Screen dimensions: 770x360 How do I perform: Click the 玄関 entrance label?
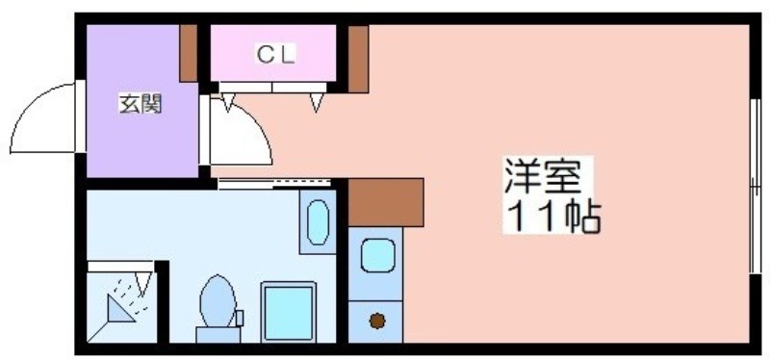[x=141, y=104]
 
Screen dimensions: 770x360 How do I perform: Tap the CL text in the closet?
[x=275, y=55]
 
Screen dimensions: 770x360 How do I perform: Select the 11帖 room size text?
[x=552, y=217]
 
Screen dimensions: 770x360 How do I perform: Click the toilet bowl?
[x=218, y=300]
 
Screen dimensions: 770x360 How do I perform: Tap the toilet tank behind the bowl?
[x=218, y=334]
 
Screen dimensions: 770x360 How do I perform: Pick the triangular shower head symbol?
[x=119, y=308]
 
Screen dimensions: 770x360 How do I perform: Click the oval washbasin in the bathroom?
[x=318, y=222]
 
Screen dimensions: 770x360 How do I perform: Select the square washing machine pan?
[x=288, y=312]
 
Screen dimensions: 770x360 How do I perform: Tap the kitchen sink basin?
[x=378, y=255]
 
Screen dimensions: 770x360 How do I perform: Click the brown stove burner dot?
[x=376, y=321]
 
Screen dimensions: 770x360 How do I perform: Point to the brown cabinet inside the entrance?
[x=189, y=53]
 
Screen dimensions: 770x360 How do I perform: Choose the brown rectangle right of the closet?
[x=358, y=59]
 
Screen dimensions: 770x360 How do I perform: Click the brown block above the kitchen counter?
[x=386, y=202]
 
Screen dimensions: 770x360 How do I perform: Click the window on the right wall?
[x=756, y=186]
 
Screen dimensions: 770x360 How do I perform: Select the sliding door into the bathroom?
[x=274, y=184]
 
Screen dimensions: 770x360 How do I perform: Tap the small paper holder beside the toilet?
[x=240, y=319]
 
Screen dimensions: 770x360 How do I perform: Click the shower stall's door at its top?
[x=120, y=267]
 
